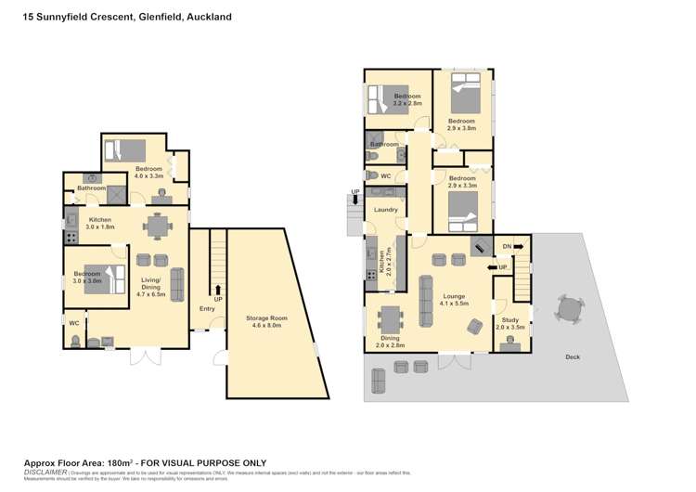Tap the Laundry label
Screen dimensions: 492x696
click(x=386, y=210)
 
